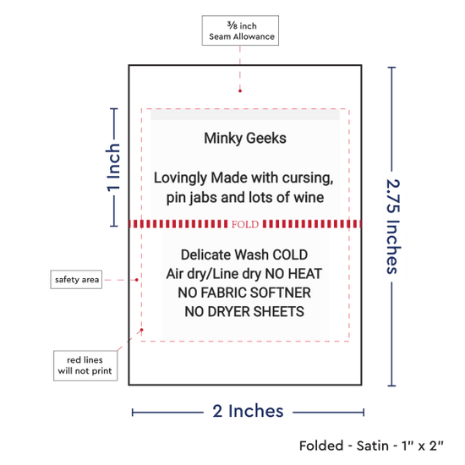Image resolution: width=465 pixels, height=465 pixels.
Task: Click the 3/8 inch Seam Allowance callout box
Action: tap(240, 30)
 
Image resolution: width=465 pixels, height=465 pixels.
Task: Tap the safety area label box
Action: tap(76, 279)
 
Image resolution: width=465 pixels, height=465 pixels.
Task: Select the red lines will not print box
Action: tap(85, 365)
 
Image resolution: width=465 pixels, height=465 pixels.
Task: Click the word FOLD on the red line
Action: tap(245, 225)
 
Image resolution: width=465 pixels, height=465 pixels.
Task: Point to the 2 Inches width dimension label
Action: tap(248, 411)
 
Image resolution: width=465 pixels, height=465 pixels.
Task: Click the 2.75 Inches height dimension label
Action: tap(393, 227)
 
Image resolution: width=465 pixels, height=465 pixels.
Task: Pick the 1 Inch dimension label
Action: tap(113, 167)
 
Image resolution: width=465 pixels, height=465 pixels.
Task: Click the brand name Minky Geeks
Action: tap(245, 139)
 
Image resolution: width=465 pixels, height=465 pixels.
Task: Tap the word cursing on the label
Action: tap(308, 178)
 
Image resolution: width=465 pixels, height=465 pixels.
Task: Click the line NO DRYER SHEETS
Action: tap(244, 312)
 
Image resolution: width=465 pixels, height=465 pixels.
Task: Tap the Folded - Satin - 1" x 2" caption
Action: tap(371, 446)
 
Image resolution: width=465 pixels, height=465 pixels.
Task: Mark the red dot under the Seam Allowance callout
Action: tap(240, 90)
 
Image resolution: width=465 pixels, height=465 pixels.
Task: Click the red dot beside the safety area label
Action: tap(136, 280)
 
